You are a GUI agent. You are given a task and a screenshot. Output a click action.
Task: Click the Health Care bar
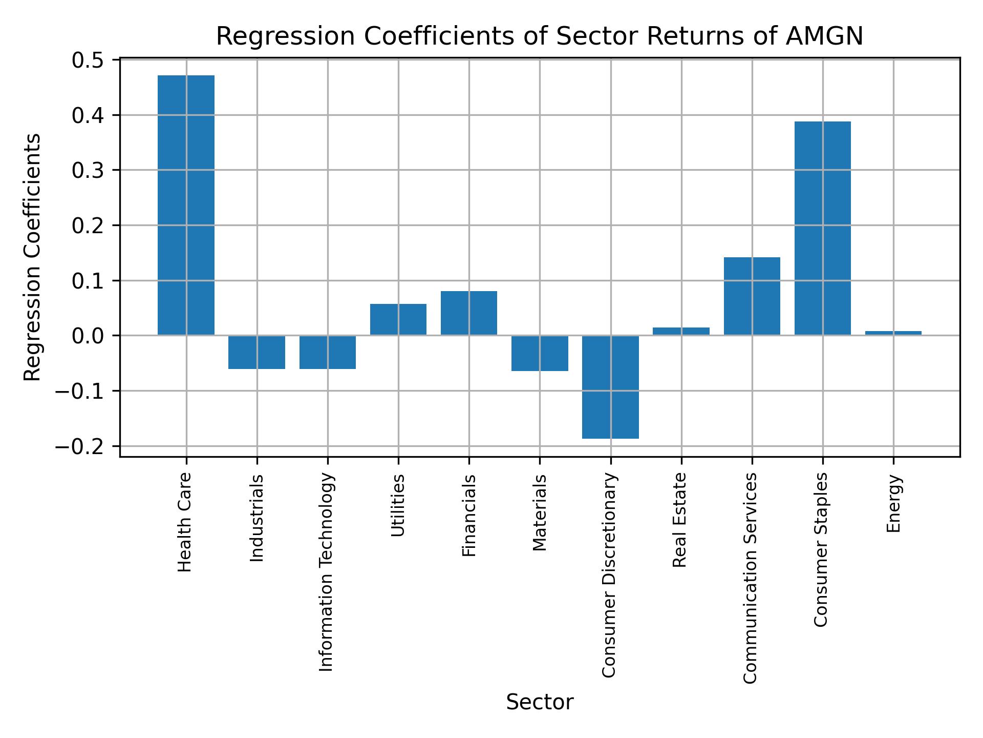click(x=186, y=205)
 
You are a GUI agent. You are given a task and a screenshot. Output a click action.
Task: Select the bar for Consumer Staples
click(x=822, y=228)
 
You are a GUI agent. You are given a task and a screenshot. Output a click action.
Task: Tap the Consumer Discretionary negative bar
click(x=610, y=387)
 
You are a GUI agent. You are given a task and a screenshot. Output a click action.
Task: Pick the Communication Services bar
click(x=752, y=296)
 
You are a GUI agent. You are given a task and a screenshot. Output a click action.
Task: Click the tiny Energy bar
click(x=893, y=333)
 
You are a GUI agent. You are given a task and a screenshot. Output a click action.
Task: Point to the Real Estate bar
click(x=681, y=332)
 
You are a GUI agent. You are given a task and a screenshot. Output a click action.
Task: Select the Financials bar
click(x=468, y=313)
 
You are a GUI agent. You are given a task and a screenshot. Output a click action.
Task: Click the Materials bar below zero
click(x=540, y=353)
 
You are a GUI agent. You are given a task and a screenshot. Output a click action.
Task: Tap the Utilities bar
click(x=398, y=319)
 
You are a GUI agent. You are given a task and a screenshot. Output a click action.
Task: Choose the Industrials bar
click(x=257, y=352)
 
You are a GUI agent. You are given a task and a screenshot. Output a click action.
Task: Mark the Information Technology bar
click(x=327, y=352)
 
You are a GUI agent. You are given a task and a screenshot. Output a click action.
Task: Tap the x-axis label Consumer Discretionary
click(x=609, y=576)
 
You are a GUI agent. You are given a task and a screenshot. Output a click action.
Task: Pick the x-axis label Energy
click(x=893, y=504)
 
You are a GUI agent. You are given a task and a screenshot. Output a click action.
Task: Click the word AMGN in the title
click(x=824, y=36)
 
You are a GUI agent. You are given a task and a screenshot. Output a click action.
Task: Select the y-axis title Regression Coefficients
click(x=33, y=257)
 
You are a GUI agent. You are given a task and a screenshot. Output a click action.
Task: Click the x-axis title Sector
click(x=540, y=702)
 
